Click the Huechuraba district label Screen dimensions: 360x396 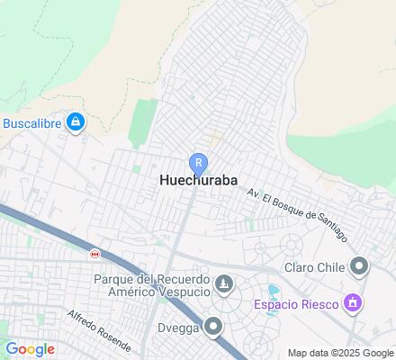coord(199,179)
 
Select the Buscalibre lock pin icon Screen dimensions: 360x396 coord(76,121)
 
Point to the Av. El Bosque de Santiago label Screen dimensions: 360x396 coord(296,211)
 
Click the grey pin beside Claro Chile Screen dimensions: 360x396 coord(361,266)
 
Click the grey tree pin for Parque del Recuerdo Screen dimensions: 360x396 coord(225,286)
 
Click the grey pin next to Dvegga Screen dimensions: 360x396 coord(215,327)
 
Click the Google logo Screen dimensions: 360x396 coord(30,349)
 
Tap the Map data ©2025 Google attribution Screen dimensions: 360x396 coord(341,353)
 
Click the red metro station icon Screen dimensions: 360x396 coord(94,255)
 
